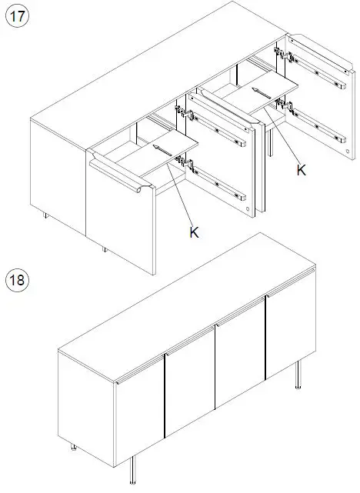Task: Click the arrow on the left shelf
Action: click(157, 151)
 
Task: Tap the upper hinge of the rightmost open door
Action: click(282, 56)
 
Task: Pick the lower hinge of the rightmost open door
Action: click(282, 105)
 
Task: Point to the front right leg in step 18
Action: click(298, 377)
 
